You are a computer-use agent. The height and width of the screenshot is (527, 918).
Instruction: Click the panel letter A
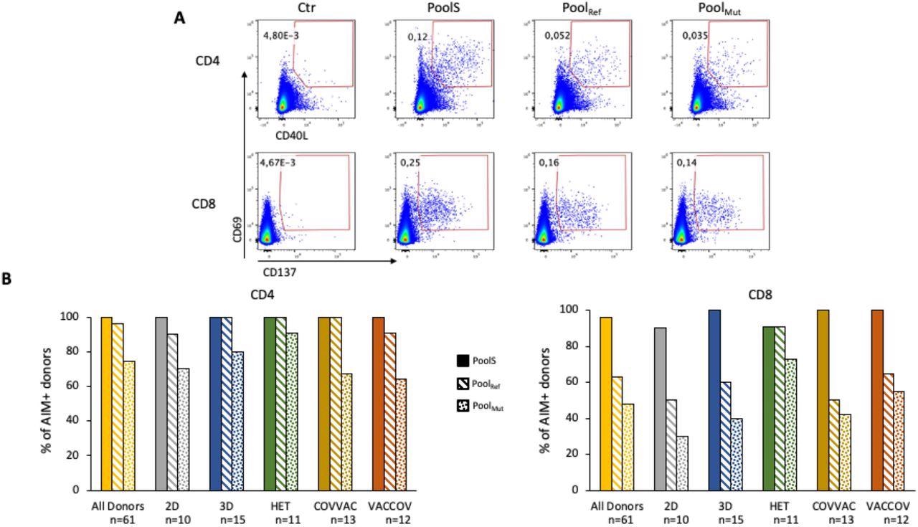coord(180,18)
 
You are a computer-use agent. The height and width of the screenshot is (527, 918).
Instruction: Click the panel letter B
coord(6,279)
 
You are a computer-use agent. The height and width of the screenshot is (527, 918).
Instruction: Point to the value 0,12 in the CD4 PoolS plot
coord(417,36)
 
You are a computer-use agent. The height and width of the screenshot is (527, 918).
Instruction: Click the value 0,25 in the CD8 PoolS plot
coord(411,163)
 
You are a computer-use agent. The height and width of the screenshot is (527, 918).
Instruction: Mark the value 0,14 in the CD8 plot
coord(686,163)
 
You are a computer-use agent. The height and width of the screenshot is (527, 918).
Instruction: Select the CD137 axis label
coord(279,272)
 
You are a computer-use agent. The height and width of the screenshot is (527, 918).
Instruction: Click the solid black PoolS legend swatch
coord(463,361)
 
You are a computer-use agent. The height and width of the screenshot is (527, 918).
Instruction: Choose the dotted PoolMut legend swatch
coord(463,407)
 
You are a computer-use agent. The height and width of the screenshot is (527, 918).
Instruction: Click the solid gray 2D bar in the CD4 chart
coord(161,404)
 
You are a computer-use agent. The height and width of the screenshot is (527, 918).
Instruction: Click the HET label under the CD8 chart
coord(780,506)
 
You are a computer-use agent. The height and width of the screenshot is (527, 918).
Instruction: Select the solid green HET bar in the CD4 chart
coord(270,404)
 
